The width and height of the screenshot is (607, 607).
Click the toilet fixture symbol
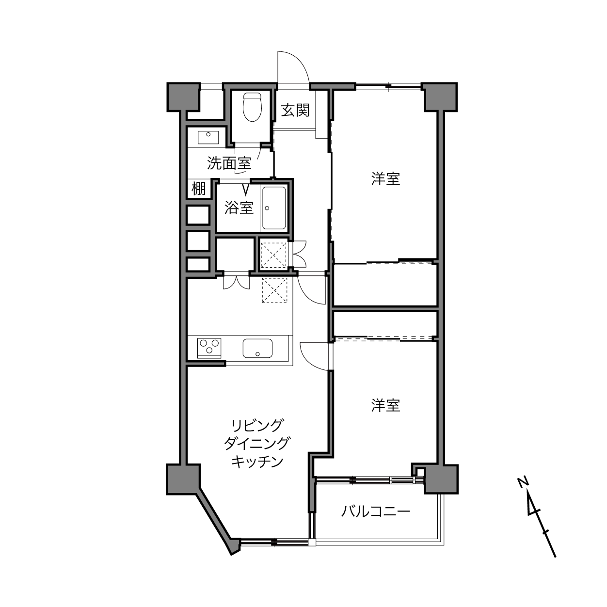[x=252, y=107]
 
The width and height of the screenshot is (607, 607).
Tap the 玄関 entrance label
[x=295, y=110]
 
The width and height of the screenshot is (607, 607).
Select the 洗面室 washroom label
[x=229, y=163]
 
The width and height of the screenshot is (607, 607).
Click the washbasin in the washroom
[x=208, y=137]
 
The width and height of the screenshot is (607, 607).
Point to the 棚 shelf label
[x=198, y=189]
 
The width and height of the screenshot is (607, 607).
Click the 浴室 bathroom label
[x=239, y=208]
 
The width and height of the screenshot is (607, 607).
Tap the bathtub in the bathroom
[x=274, y=208]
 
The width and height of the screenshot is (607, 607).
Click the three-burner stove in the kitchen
[x=209, y=348]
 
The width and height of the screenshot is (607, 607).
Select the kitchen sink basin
[x=257, y=348]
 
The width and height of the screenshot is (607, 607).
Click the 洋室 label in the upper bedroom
[x=385, y=178]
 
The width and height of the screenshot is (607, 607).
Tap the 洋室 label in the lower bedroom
[x=385, y=405]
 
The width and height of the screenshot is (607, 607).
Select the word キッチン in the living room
[x=257, y=462]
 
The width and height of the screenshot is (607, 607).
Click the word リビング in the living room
[x=257, y=425]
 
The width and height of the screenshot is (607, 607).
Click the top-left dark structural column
[x=183, y=97]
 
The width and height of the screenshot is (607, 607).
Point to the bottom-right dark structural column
[x=441, y=479]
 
